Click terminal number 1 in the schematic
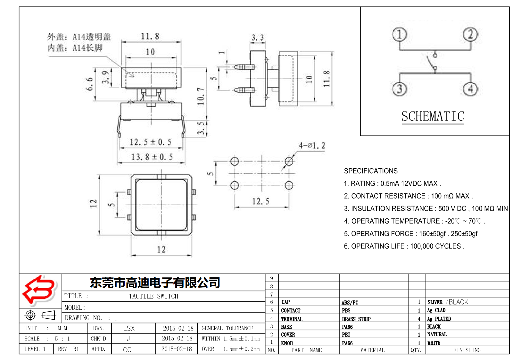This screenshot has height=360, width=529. (400, 35)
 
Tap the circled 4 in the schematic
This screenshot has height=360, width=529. (470, 89)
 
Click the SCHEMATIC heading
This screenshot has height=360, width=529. (433, 117)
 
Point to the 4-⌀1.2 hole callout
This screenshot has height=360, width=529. (312, 146)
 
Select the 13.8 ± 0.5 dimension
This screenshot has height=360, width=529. (152, 157)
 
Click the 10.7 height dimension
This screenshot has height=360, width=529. (201, 96)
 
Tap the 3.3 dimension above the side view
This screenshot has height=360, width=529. (258, 38)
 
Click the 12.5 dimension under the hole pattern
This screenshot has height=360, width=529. (260, 201)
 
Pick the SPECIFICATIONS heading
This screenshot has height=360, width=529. (371, 171)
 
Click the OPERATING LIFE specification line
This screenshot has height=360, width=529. (404, 246)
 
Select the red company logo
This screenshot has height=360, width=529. (39, 290)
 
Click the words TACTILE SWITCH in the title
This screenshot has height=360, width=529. (153, 296)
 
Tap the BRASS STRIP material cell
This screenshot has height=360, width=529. (356, 319)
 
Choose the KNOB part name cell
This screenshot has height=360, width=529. (287, 343)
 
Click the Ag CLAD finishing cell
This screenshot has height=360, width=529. (436, 310)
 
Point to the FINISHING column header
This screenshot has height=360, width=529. (467, 350)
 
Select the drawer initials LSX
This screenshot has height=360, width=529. (129, 328)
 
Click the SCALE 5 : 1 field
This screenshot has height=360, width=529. (47, 339)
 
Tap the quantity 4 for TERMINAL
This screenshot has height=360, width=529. (419, 319)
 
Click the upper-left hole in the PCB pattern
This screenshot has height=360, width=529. (235, 161)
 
